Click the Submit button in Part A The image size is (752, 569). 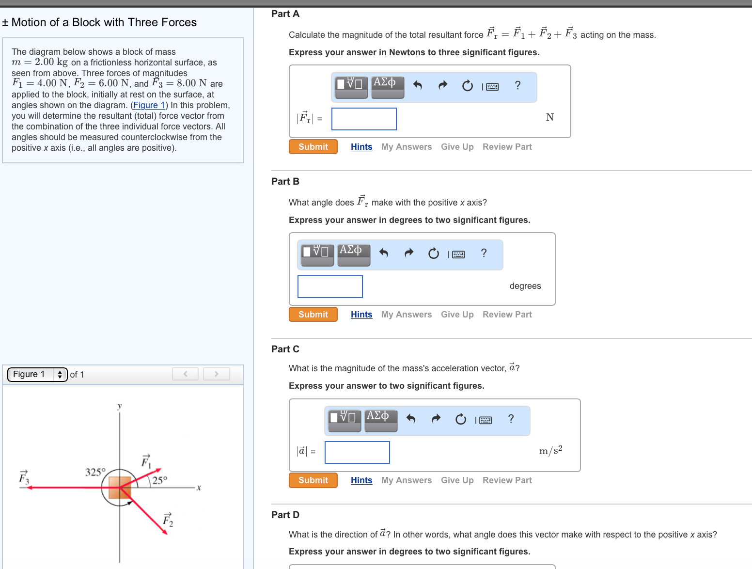pyautogui.click(x=313, y=147)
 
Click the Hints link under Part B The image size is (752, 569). pyautogui.click(x=361, y=315)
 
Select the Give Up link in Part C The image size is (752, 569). pyautogui.click(x=457, y=480)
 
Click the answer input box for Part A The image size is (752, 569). pyautogui.click(x=364, y=119)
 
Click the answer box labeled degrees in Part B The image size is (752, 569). pyautogui.click(x=330, y=287)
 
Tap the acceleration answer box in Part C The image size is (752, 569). pyautogui.click(x=357, y=452)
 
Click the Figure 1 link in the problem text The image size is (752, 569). pyautogui.click(x=149, y=105)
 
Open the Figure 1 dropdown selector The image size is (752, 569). pyautogui.click(x=37, y=374)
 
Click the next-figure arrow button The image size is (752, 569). pyautogui.click(x=217, y=374)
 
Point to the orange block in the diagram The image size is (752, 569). pyautogui.click(x=120, y=487)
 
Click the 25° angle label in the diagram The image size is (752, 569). pyautogui.click(x=159, y=480)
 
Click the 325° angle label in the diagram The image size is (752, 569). pyautogui.click(x=95, y=472)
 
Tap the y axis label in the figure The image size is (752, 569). pyautogui.click(x=120, y=406)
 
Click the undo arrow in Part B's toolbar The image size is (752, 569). pyautogui.click(x=384, y=253)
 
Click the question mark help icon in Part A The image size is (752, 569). pyautogui.click(x=517, y=86)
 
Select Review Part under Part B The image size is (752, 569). pyautogui.click(x=507, y=315)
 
